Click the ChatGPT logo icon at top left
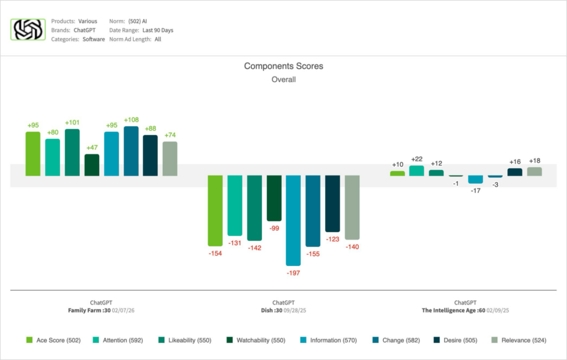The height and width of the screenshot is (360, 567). click(28, 30)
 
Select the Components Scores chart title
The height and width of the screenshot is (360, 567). click(283, 66)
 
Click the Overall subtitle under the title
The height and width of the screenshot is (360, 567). click(283, 79)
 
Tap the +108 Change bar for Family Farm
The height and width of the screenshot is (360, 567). click(131, 151)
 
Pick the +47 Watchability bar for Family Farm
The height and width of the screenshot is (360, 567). click(92, 165)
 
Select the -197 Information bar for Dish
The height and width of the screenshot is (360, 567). click(293, 220)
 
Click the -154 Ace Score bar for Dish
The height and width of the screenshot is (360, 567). click(215, 210)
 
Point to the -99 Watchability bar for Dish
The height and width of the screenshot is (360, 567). click(274, 198)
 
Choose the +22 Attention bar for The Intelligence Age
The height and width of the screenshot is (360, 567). click(416, 171)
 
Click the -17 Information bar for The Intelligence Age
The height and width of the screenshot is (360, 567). click(476, 179)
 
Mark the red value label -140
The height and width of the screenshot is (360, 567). click(352, 247)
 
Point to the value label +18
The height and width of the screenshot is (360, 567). click(534, 161)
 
